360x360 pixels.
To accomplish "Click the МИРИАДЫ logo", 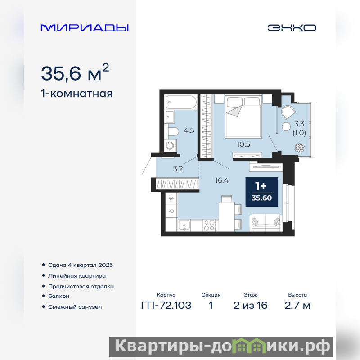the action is pyautogui.click(x=85, y=28).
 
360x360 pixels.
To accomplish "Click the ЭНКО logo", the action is pyautogui.click(x=292, y=28).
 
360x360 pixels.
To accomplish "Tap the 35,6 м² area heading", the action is pyautogui.click(x=75, y=72).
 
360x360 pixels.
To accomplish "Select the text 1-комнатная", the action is pyautogui.click(x=76, y=94).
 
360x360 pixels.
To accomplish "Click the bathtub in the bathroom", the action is pyautogui.click(x=181, y=102).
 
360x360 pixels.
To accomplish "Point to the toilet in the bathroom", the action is pyautogui.click(x=173, y=132).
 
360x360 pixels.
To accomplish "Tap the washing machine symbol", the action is pyautogui.click(x=171, y=145).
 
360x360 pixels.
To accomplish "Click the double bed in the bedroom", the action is pyautogui.click(x=243, y=117).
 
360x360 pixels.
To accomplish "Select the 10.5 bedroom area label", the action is pyautogui.click(x=243, y=144).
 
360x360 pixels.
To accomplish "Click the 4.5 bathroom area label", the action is pyautogui.click(x=189, y=130).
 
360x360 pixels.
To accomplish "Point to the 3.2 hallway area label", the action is pyautogui.click(x=178, y=169).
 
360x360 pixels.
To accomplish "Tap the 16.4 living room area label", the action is pyautogui.click(x=222, y=180).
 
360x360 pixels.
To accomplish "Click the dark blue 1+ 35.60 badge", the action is pyautogui.click(x=262, y=192).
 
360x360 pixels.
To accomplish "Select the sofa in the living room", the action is pyautogui.click(x=266, y=222).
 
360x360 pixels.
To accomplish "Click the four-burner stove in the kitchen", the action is pyautogui.click(x=209, y=225).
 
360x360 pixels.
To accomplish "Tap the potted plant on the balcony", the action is pyautogui.click(x=299, y=148).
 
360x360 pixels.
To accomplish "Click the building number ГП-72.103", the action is pyautogui.click(x=166, y=306).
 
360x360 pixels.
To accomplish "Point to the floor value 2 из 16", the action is pyautogui.click(x=251, y=306).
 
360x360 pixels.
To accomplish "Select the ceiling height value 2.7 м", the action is pyautogui.click(x=297, y=306).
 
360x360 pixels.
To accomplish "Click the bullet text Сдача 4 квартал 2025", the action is pyautogui.click(x=81, y=265).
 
